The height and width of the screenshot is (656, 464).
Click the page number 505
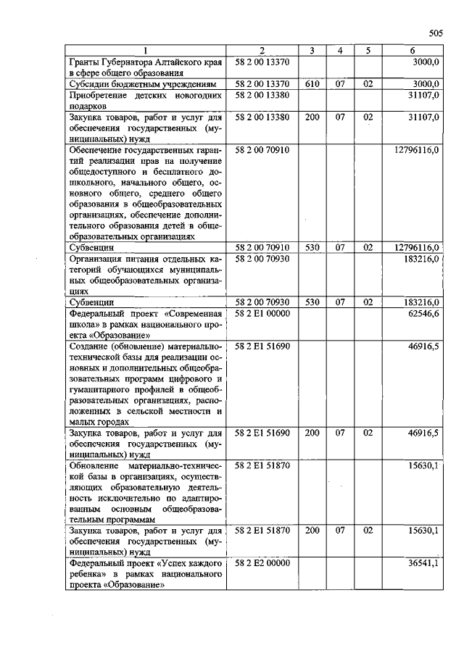pyautogui.click(x=435, y=33)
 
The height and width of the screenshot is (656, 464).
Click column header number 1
pyautogui.click(x=146, y=50)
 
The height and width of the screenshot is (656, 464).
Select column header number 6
pyautogui.click(x=412, y=50)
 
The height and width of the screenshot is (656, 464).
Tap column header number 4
pyautogui.click(x=339, y=50)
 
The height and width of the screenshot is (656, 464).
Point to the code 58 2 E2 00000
pyautogui.click(x=262, y=562)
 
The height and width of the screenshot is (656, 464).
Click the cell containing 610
pyautogui.click(x=312, y=84)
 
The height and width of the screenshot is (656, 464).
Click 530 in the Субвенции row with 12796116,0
pyautogui.click(x=312, y=247)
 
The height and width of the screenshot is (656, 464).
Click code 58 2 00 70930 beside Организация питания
pyautogui.click(x=262, y=259)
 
